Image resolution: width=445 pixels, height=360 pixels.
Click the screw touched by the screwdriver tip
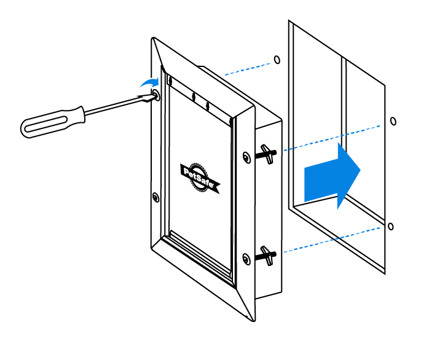click(156, 95)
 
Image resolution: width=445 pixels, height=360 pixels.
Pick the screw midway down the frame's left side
click(155, 197)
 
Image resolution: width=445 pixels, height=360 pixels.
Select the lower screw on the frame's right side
click(246, 259)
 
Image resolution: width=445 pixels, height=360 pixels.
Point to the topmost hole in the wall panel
click(277, 60)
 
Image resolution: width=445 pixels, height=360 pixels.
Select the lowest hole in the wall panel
click(390, 226)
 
